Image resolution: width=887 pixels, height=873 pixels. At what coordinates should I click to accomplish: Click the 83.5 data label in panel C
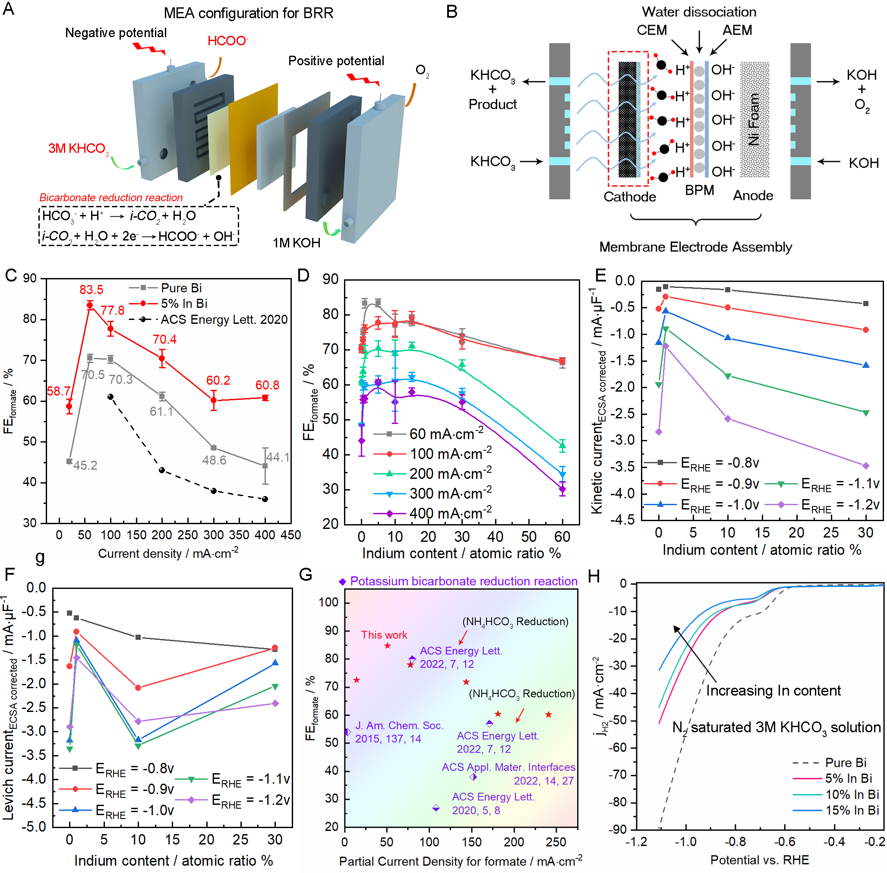(91, 290)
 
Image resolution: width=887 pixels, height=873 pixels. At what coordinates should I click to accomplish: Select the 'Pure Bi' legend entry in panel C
(180, 288)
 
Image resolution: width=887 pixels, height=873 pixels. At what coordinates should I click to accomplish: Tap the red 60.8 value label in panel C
(267, 385)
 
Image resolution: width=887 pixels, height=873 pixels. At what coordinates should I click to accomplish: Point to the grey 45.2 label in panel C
(85, 465)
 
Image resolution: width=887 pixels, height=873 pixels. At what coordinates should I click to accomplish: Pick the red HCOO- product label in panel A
(227, 41)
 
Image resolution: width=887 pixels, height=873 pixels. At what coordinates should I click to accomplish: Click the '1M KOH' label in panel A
(296, 243)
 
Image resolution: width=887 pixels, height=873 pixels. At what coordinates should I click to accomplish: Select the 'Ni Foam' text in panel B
(754, 119)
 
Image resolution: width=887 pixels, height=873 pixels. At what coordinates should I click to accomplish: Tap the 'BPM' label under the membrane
(699, 190)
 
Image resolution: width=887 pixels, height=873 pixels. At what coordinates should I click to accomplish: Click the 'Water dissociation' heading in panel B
(699, 12)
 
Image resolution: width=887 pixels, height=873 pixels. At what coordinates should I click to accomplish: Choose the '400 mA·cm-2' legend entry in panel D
(449, 513)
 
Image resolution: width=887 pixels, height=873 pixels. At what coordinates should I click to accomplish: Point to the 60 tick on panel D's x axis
(562, 537)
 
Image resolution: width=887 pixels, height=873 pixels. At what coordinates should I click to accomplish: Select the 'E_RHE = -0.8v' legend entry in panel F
(134, 769)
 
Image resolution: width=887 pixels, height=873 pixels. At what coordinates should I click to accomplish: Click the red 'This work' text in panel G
(384, 635)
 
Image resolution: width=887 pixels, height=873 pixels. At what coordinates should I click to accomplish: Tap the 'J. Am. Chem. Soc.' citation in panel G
(399, 726)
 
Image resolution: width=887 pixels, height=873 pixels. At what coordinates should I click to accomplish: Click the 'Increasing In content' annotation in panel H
(773, 690)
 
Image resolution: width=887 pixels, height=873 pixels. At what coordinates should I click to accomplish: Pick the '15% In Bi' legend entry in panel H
(852, 810)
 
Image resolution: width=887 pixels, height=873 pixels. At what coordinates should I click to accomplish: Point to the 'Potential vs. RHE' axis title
(760, 860)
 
